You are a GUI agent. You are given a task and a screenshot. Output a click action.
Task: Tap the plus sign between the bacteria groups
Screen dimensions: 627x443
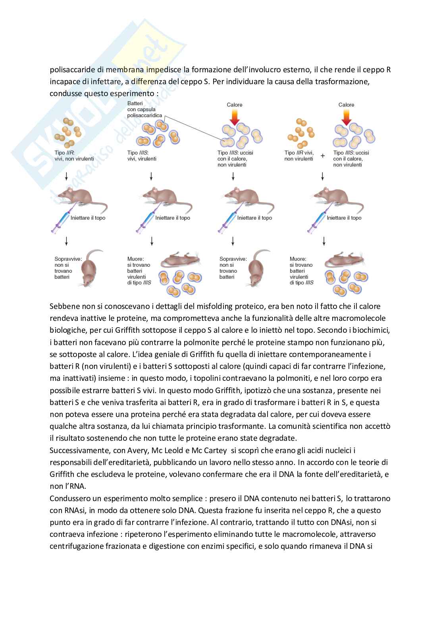323,156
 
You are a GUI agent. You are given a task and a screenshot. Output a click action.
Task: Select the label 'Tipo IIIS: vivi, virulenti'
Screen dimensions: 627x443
142,156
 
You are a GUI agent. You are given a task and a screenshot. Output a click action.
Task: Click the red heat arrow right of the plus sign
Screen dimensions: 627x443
346,117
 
